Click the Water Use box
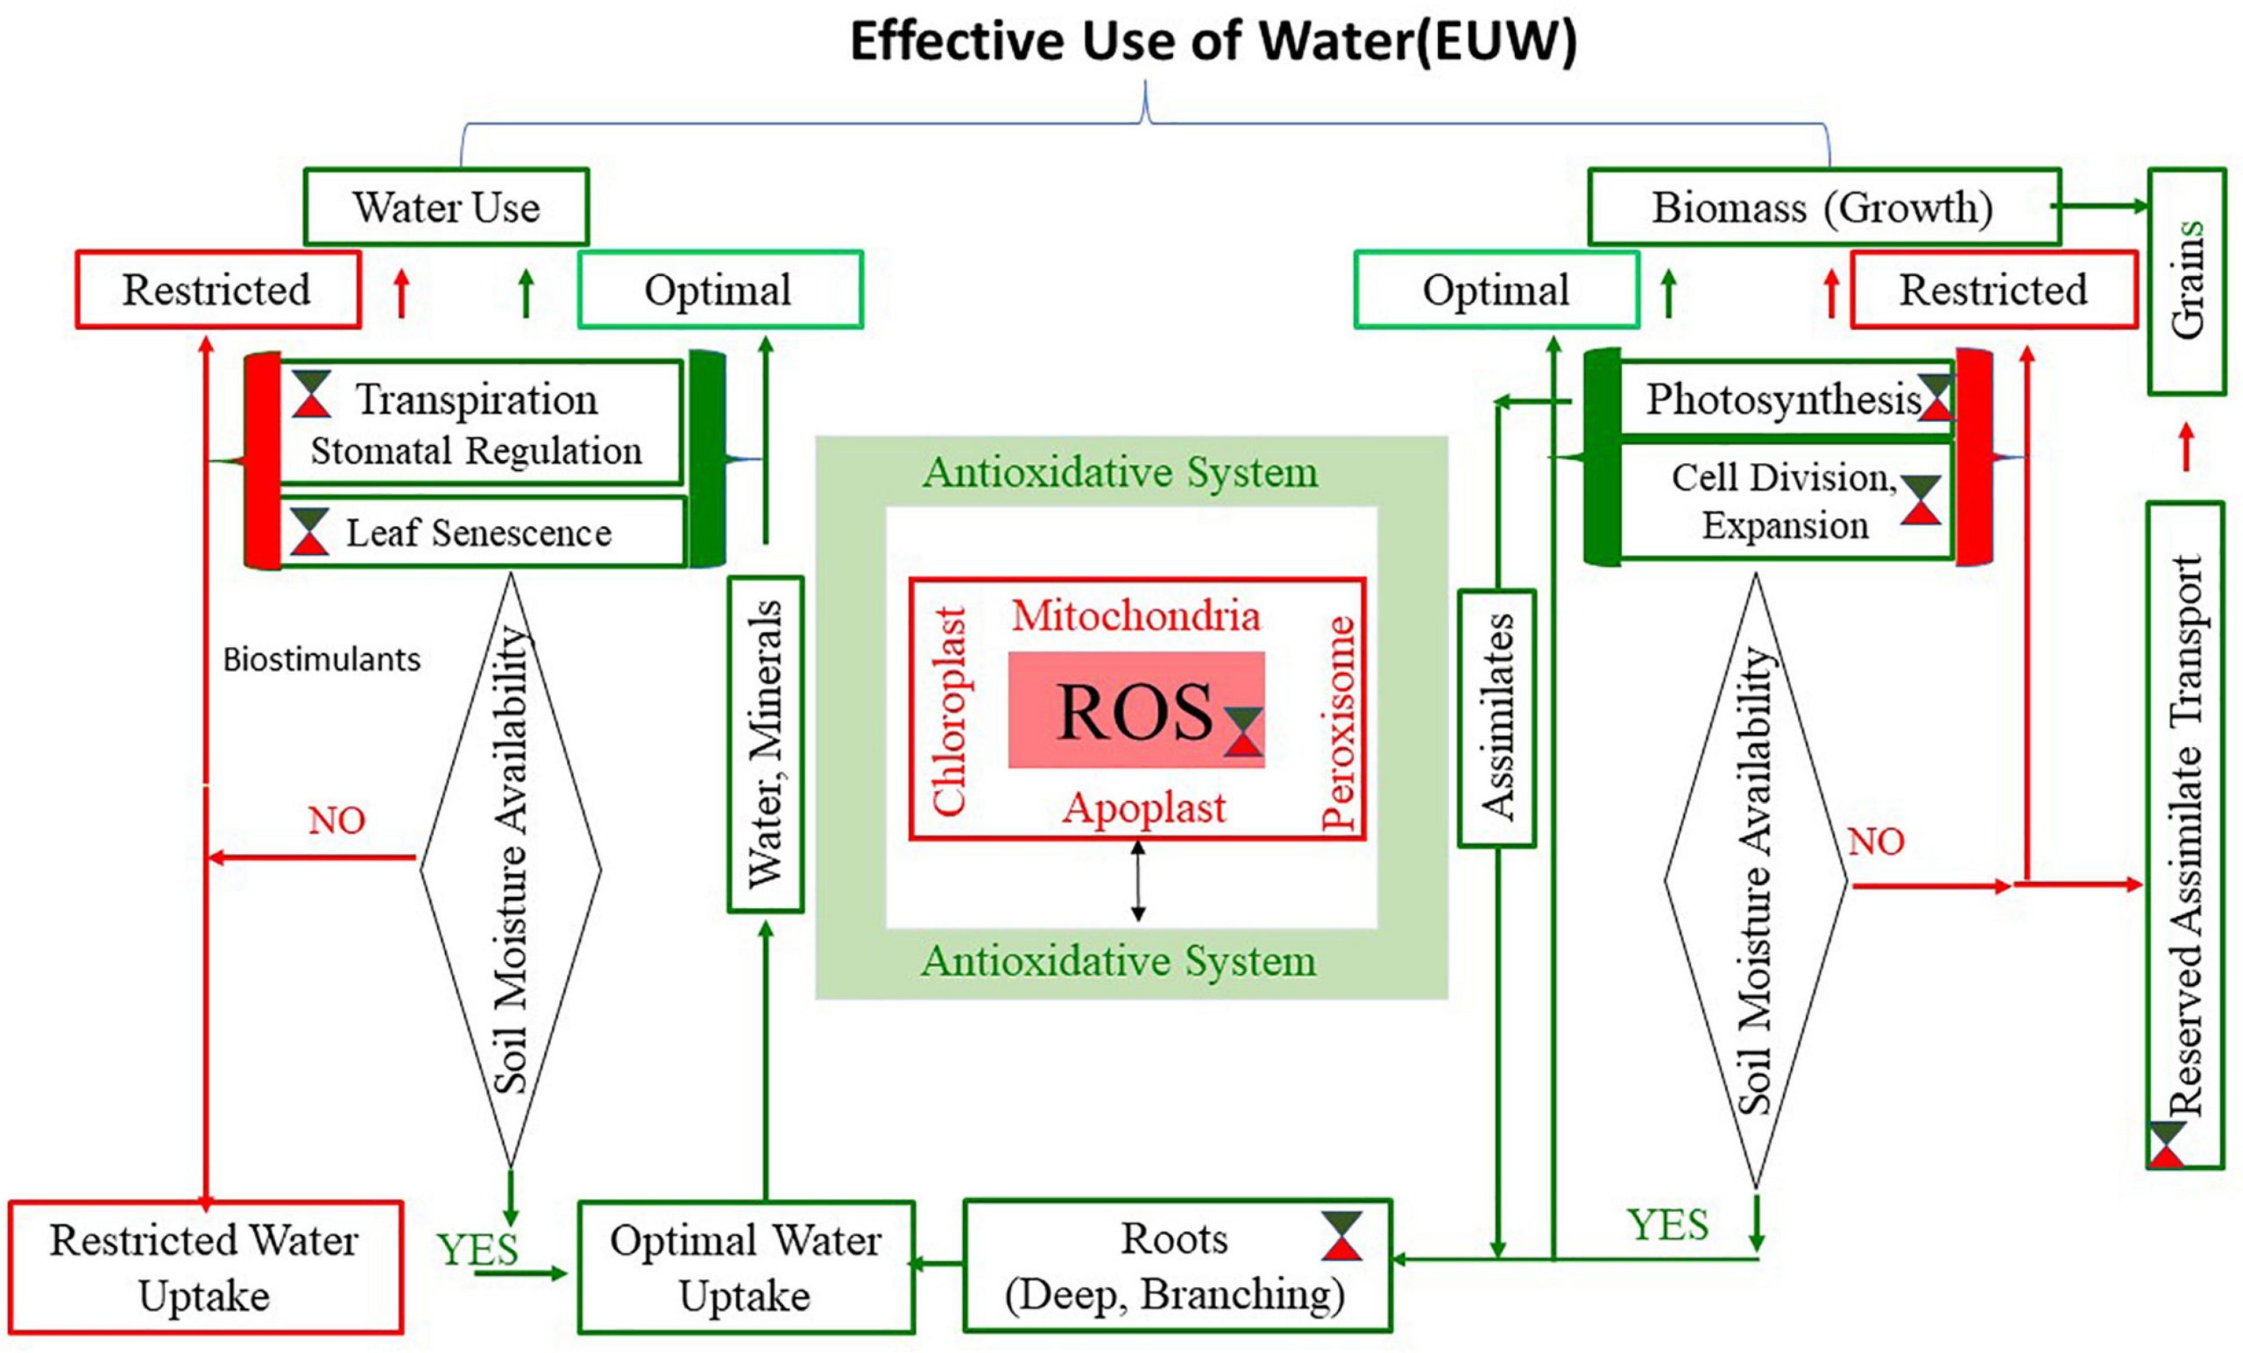pyautogui.click(x=445, y=207)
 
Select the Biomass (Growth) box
pyautogui.click(x=1822, y=207)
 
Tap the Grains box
pyautogui.click(x=2187, y=281)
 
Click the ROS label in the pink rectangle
pyautogui.click(x=1135, y=712)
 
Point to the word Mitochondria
pyautogui.click(x=1136, y=616)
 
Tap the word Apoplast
pyautogui.click(x=1144, y=807)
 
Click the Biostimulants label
pyautogui.click(x=322, y=659)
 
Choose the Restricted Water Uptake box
pyautogui.click(x=205, y=1266)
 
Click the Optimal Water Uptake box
pyautogui.click(x=746, y=1266)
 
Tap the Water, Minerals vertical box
pyautogui.click(x=765, y=743)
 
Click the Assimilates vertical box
pyautogui.click(x=1497, y=718)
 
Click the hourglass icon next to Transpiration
pyautogui.click(x=311, y=394)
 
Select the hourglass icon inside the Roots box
pyautogui.click(x=1341, y=1236)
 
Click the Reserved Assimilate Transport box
pyautogui.click(x=2186, y=835)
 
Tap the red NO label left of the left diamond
pyautogui.click(x=336, y=821)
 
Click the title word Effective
pyautogui.click(x=958, y=41)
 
